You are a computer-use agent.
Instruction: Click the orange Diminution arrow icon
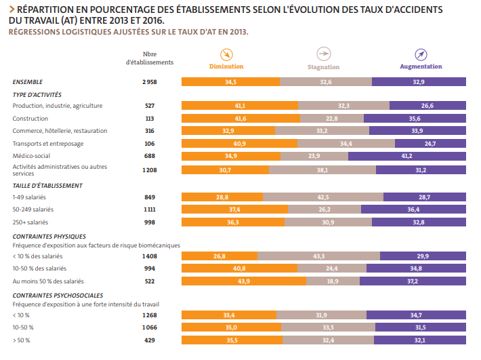tap(226, 54)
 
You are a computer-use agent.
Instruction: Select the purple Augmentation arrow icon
tap(421, 54)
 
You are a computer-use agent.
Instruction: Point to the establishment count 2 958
tap(150, 81)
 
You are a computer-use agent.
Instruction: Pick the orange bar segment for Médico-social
tap(230, 156)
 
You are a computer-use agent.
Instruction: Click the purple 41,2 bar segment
tap(406, 156)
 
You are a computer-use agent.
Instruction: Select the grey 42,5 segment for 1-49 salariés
tap(323, 197)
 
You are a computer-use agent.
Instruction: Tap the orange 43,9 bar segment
tap(240, 281)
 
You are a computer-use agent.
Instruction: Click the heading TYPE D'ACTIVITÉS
tap(37, 94)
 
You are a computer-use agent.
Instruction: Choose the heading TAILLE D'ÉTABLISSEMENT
tap(47, 185)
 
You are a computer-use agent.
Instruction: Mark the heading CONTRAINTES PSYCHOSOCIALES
tap(58, 296)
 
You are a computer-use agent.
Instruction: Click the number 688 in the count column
tap(150, 156)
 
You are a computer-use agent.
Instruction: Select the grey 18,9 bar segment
tap(333, 281)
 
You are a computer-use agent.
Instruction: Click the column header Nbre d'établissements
tap(150, 58)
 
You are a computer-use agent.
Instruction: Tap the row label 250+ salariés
tap(31, 222)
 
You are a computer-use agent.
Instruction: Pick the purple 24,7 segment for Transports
tap(430, 144)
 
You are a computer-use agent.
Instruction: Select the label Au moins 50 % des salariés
tap(48, 281)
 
